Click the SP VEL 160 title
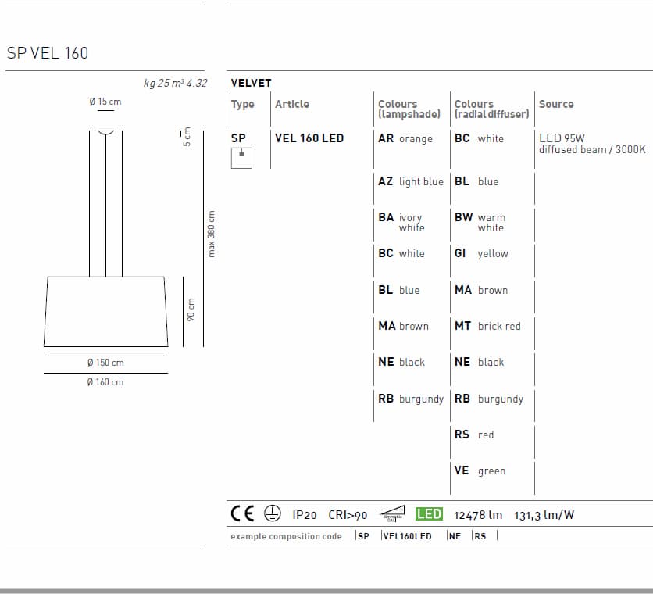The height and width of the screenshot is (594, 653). click(x=48, y=53)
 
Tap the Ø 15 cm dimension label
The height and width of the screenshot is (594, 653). click(x=105, y=102)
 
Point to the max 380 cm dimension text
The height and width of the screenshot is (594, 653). click(x=211, y=234)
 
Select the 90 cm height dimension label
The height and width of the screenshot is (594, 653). click(x=191, y=310)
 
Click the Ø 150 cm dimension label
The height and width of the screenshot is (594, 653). click(x=105, y=363)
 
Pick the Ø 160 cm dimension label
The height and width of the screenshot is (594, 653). click(x=105, y=382)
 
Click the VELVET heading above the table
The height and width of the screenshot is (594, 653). click(x=251, y=83)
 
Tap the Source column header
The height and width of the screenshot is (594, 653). click(x=556, y=104)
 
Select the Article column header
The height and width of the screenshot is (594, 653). click(x=292, y=104)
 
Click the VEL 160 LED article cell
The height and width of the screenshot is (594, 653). click(x=309, y=138)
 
